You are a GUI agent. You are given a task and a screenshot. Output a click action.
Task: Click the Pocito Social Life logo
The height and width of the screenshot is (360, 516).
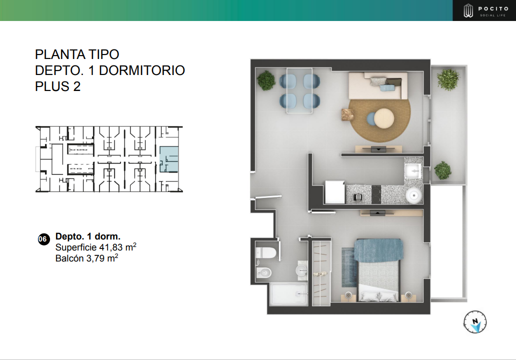click(483, 10)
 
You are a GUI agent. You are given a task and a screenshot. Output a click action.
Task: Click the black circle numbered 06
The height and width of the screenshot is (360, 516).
click(43, 239)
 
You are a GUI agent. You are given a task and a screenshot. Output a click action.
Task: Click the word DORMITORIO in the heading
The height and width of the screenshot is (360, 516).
click(142, 70)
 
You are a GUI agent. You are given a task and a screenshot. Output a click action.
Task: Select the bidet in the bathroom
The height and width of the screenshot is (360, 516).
click(263, 272)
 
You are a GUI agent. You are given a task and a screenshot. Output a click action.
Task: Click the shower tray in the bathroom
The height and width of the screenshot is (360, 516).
click(288, 294)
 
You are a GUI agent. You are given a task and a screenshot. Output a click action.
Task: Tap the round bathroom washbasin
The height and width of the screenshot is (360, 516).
click(301, 270)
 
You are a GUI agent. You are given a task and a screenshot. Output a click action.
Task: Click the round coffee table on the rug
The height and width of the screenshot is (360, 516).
click(383, 118)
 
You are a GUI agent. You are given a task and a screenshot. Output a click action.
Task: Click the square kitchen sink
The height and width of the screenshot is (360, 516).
click(413, 171)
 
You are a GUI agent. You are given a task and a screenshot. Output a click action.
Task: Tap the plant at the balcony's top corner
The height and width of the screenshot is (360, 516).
click(447, 79)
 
